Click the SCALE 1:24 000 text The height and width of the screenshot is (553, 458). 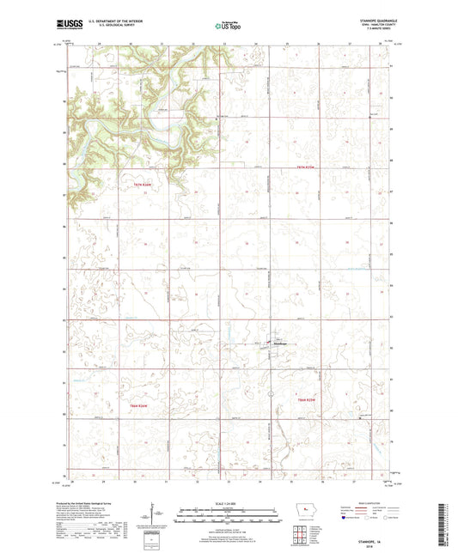[229, 503]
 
